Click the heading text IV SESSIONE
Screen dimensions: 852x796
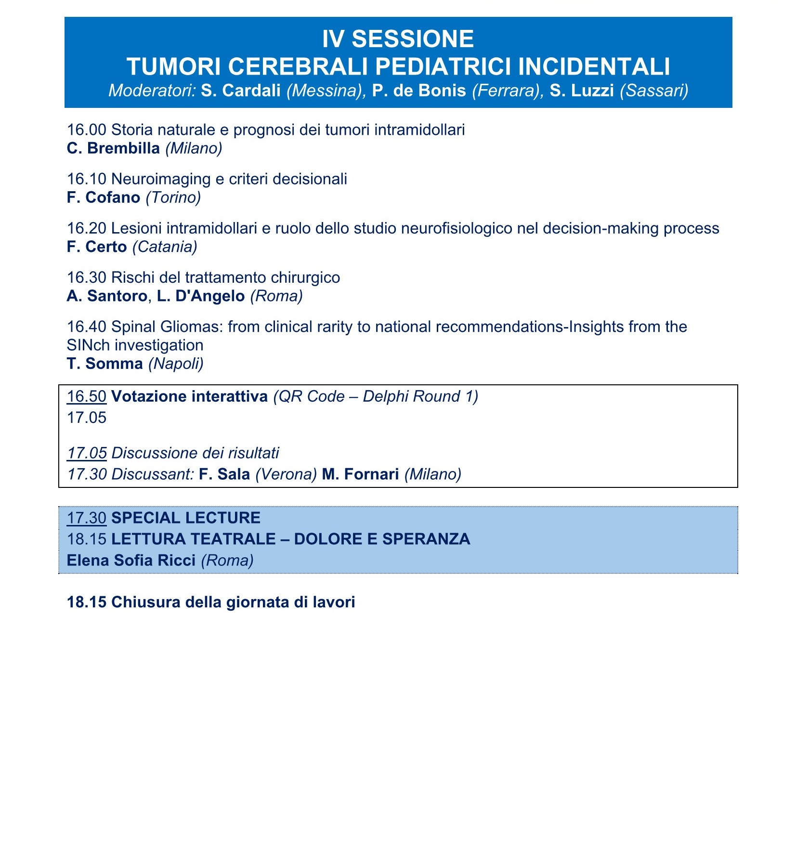pos(398,39)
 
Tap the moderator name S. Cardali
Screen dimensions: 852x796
pos(241,91)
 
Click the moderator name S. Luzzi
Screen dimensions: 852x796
pos(581,91)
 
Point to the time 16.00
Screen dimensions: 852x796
pos(86,130)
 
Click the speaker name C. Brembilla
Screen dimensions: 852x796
pos(113,148)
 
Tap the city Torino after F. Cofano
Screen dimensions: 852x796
pos(173,197)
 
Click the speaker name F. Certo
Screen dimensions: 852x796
pos(97,247)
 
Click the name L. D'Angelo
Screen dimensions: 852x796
pos(201,296)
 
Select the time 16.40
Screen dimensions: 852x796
pos(86,327)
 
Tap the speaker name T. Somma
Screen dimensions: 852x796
pos(104,363)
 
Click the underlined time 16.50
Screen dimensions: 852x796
pos(86,396)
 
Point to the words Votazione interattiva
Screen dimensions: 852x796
pos(189,396)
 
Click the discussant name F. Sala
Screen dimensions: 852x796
pos(224,474)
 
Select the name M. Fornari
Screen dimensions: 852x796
pos(360,474)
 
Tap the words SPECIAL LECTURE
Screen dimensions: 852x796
pos(185,518)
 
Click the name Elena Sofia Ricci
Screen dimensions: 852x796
pos(131,560)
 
